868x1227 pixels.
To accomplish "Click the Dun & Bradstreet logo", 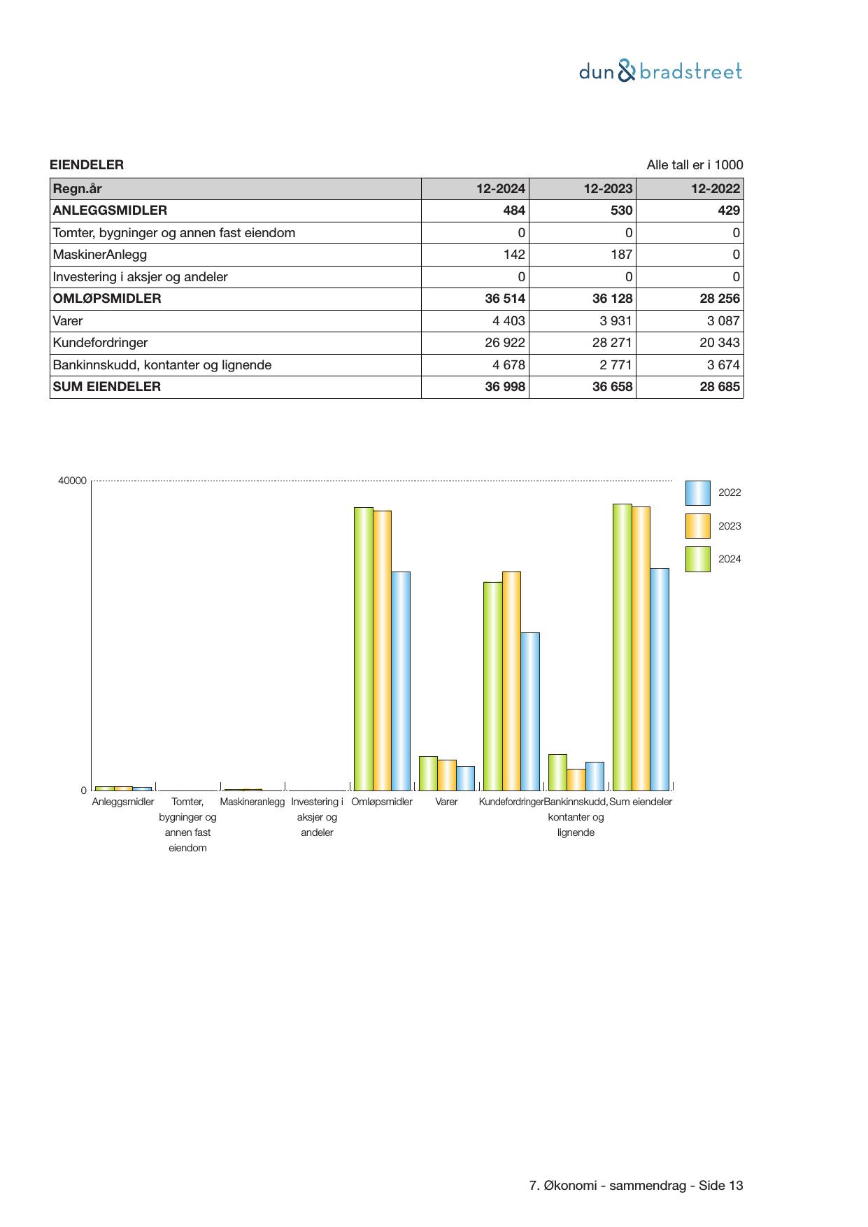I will tap(660, 71).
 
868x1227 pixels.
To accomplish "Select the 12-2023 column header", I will tap(608, 189).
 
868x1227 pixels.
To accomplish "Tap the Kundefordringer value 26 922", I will tap(504, 343).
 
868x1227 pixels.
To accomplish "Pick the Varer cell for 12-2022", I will tap(719, 321).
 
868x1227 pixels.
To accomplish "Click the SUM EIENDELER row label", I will tap(107, 387).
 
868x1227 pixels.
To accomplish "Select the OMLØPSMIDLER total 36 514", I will tap(504, 299).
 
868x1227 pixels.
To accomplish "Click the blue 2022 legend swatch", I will tap(697, 493).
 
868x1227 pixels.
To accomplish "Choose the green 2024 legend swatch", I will tap(697, 560).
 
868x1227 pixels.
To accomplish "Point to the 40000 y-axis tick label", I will tap(73, 481).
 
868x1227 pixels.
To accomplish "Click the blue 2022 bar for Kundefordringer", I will tap(530, 711).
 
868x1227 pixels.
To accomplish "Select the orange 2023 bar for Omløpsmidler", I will tap(382, 650).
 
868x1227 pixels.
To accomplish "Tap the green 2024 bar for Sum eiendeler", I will tap(622, 646).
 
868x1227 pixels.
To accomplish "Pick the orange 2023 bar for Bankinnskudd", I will tap(576, 779).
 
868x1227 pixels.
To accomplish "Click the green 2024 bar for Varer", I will tap(428, 773).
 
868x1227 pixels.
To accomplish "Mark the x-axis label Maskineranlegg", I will tap(252, 802).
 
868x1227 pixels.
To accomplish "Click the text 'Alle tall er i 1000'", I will tap(695, 165).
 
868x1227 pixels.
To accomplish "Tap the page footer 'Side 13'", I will tap(720, 1186).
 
